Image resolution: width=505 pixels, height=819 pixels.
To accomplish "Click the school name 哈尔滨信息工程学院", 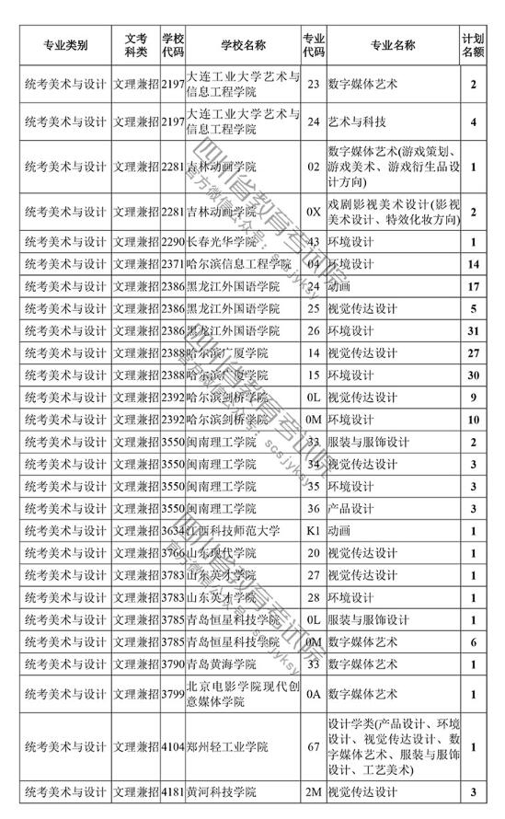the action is tap(235, 265).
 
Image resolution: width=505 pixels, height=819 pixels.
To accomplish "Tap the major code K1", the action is tap(314, 531).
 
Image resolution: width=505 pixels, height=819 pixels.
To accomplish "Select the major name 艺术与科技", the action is tap(359, 121).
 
